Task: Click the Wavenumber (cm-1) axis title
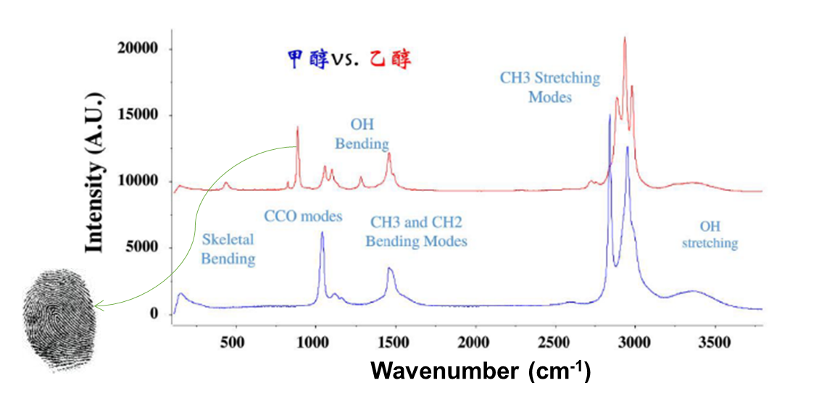481,371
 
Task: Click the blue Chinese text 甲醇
304,59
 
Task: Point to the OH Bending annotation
362,134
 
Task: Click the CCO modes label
303,216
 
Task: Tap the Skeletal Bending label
228,248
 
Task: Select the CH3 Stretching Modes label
550,86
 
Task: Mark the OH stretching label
710,235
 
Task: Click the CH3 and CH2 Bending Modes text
416,232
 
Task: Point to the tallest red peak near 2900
625,38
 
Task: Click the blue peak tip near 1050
322,233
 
